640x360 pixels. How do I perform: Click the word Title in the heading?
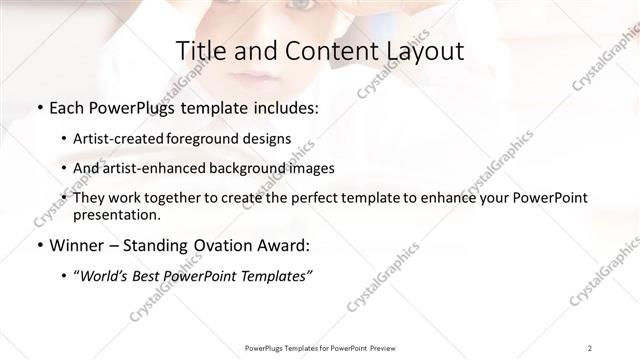pyautogui.click(x=199, y=51)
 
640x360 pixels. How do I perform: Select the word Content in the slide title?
pyautogui.click(x=328, y=51)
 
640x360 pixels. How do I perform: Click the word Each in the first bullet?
pyautogui.click(x=68, y=108)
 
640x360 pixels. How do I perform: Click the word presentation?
pyautogui.click(x=116, y=214)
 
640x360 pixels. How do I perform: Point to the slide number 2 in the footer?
pyautogui.click(x=590, y=347)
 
